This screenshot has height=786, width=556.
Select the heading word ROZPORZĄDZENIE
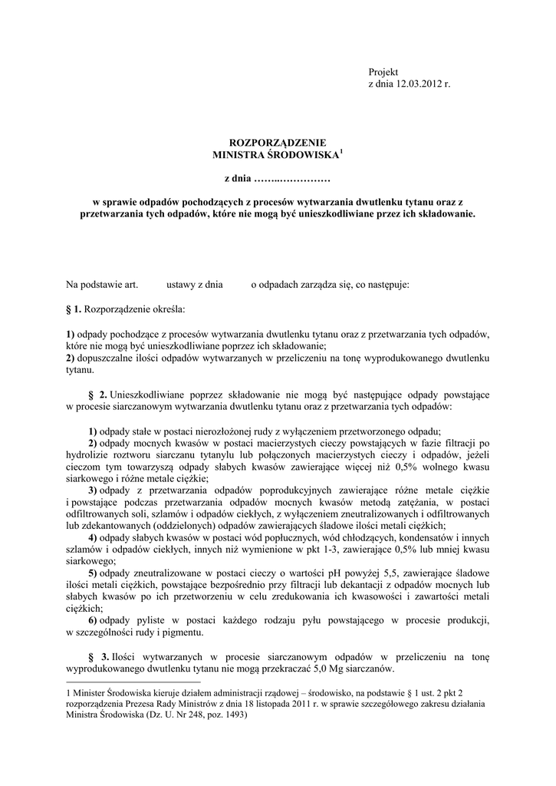pos(278,143)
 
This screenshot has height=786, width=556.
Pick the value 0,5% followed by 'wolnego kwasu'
pos(393,465)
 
